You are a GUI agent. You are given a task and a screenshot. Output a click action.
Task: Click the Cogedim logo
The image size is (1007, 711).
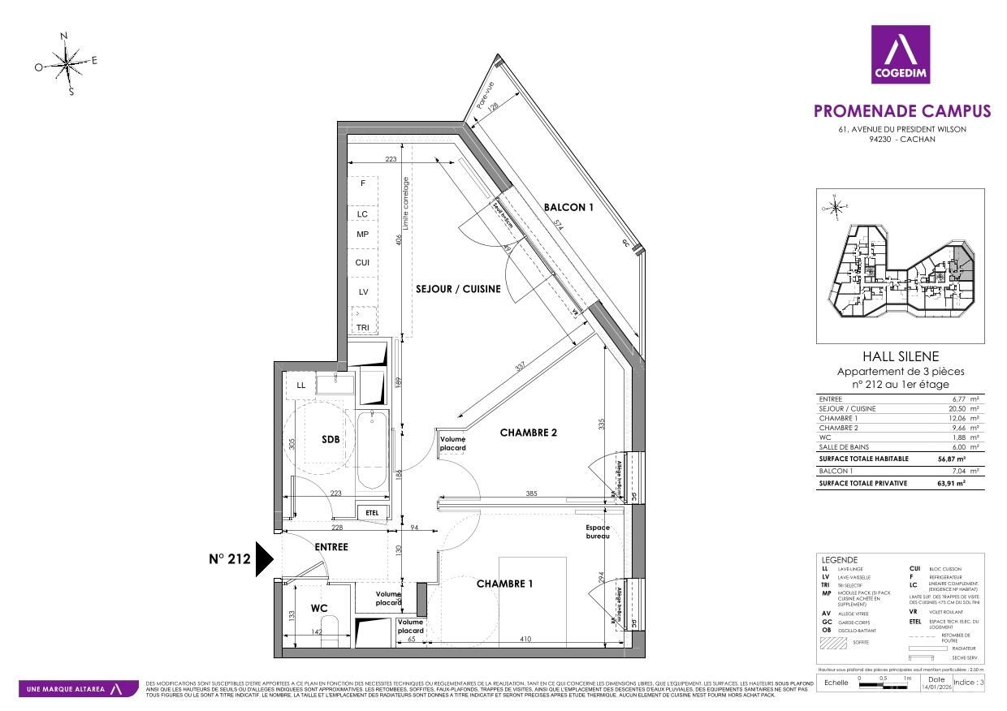[x=901, y=54]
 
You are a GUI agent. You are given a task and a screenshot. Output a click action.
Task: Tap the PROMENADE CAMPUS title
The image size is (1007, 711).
[x=901, y=111]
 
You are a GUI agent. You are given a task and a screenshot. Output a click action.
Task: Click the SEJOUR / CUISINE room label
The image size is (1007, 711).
[x=458, y=289]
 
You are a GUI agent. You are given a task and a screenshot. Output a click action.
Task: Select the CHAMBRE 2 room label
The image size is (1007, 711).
[x=528, y=433]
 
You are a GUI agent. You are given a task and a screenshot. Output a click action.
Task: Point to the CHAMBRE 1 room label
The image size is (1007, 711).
[x=504, y=584]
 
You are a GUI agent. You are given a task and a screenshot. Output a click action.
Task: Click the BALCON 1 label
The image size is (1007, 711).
[x=568, y=207]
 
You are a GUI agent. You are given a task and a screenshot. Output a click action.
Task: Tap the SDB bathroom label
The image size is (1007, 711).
[x=330, y=439]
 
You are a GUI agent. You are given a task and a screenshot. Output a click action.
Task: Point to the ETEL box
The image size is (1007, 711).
[x=373, y=512]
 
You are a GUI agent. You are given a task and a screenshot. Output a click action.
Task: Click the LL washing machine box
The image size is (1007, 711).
[x=301, y=385]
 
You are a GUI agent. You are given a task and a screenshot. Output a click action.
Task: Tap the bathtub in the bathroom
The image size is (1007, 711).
[x=372, y=450]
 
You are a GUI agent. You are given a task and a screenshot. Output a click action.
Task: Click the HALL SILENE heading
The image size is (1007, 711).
[x=899, y=356]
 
